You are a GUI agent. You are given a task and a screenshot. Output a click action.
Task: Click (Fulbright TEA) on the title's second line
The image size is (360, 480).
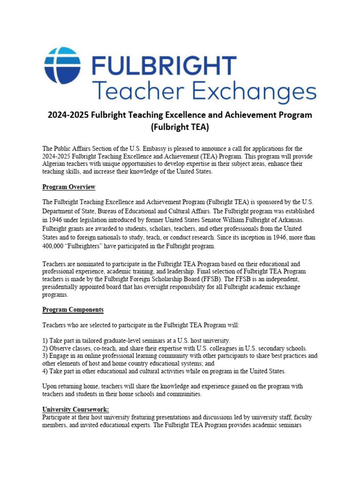click(x=180, y=127)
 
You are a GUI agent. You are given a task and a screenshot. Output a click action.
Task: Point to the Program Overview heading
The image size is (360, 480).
click(x=69, y=187)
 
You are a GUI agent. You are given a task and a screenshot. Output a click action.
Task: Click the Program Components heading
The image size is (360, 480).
click(x=73, y=310)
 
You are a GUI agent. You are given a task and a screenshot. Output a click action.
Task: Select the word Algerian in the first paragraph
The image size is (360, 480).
click(x=55, y=164)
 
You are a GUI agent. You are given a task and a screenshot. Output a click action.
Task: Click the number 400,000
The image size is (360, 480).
click(x=55, y=246)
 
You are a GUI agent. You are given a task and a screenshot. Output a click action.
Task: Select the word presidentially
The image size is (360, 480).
click(x=62, y=287)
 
